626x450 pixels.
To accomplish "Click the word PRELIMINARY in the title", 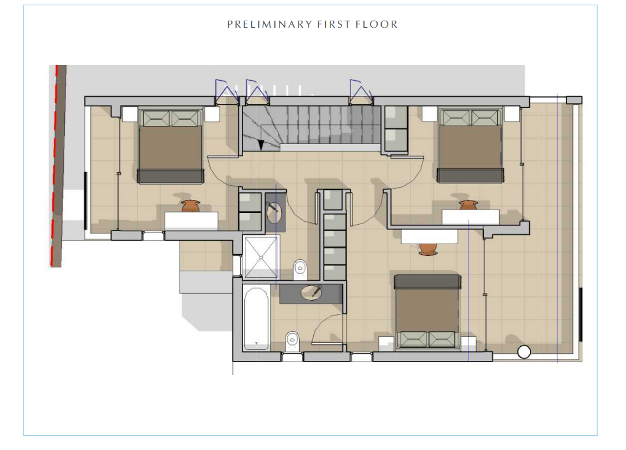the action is tap(270, 24).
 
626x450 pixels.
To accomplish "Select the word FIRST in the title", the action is tap(334, 24).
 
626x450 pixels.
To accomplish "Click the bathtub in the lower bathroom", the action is tap(256, 318).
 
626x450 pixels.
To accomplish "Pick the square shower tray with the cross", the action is tap(261, 257).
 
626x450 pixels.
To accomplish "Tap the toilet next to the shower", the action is tap(300, 270).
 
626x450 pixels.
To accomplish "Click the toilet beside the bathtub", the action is tap(292, 341).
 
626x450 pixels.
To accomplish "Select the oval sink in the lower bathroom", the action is tap(310, 293).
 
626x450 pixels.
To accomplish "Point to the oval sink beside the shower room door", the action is tap(274, 213).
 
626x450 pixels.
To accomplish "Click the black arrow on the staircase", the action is tap(261, 145).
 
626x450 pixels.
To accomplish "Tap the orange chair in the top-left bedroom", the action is tap(190, 206).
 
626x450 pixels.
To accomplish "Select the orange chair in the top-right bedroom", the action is tap(468, 205).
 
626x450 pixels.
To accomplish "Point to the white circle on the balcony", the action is tap(524, 352).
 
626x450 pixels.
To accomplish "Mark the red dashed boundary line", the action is tap(55, 166).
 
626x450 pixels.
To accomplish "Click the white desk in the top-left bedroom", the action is tap(191, 221).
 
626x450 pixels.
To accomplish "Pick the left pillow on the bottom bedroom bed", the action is tap(412, 340).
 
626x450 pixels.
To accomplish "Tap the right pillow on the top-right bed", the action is tap(485, 118).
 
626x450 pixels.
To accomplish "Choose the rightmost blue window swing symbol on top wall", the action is tap(361, 91).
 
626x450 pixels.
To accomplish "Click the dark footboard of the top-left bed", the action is tap(171, 176).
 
